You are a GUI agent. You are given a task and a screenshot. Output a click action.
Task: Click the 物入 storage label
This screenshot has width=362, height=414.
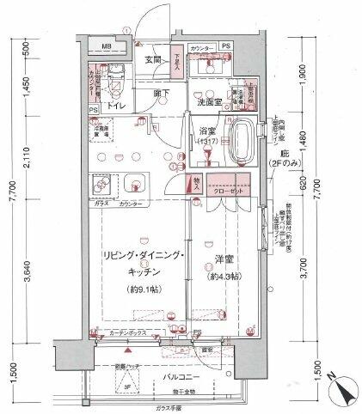195,185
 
